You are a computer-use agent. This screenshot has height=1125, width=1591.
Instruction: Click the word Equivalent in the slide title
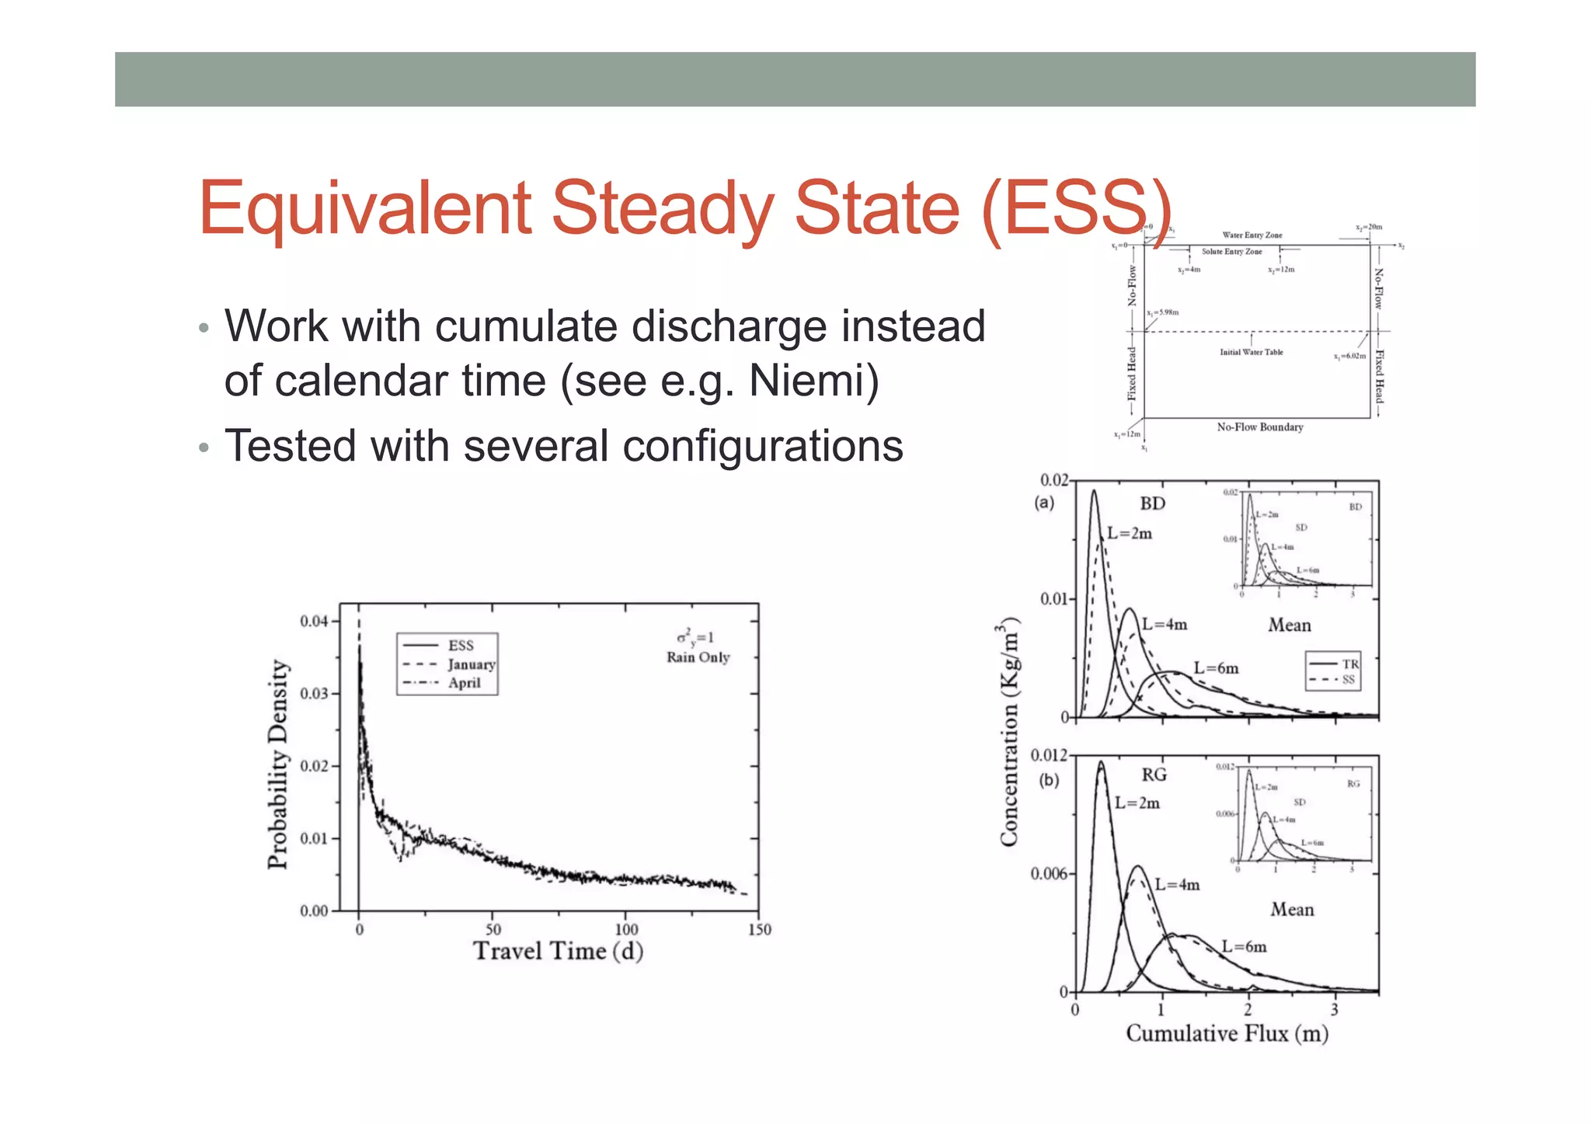tap(364, 208)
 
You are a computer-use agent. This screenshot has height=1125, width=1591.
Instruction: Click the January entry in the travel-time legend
tap(471, 664)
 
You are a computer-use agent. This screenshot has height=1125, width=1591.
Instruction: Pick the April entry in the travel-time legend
tap(465, 683)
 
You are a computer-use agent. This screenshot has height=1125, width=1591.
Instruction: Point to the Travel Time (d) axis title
tap(558, 951)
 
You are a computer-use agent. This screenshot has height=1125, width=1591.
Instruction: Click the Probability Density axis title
tap(277, 765)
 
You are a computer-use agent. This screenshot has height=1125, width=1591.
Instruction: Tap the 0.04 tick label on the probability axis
tap(315, 621)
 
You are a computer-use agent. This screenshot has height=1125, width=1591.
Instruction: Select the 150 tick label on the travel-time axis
tap(759, 930)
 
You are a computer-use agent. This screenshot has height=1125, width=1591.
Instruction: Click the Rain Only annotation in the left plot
tap(698, 657)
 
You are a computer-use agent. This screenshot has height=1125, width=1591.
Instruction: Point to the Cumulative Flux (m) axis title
tap(1227, 1033)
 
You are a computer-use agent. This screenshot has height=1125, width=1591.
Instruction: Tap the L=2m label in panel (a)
tap(1130, 534)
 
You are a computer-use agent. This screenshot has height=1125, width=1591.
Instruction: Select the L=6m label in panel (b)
tap(1244, 946)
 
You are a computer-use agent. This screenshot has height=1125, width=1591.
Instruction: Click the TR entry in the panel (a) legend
tap(1350, 664)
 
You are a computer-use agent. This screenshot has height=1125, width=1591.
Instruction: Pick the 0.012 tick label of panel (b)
tap(1048, 755)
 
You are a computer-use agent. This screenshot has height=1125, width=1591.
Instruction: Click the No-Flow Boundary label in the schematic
tap(1259, 427)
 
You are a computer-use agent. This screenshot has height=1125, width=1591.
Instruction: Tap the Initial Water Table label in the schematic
tap(1251, 352)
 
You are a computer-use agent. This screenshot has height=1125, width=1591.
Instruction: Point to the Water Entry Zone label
tap(1252, 235)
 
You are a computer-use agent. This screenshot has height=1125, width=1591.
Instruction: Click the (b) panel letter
tap(1049, 780)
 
